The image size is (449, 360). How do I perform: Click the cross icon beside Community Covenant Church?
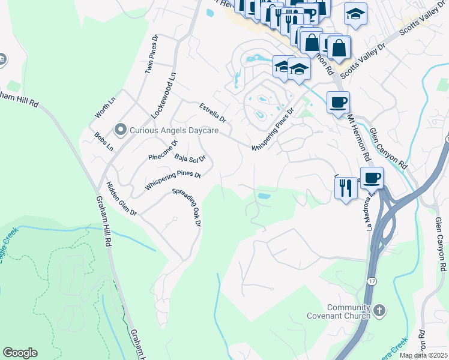click(379, 310)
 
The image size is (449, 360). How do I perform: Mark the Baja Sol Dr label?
click(190, 158)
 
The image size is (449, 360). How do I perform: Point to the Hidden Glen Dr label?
click(122, 199)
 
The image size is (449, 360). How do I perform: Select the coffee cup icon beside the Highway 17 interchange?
click(372, 178)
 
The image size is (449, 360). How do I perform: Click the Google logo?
click(20, 353)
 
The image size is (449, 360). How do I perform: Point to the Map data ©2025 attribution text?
click(423, 355)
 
